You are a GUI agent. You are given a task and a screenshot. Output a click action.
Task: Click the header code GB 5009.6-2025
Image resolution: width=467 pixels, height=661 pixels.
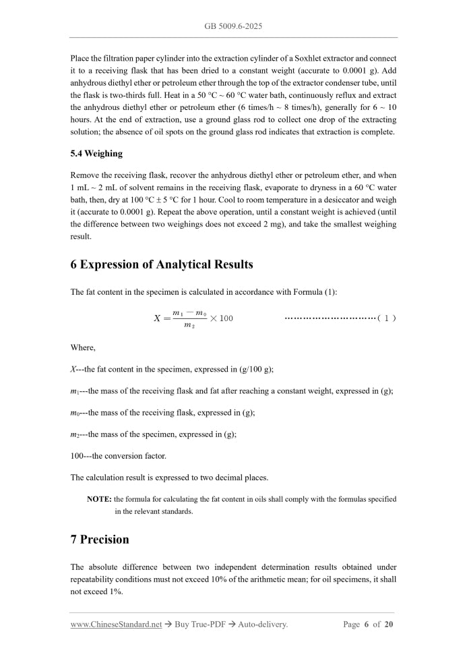tap(233, 26)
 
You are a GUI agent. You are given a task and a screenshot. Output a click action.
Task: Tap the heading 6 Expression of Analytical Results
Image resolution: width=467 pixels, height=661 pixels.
tap(162, 264)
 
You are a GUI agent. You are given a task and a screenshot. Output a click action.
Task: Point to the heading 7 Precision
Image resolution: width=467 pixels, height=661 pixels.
tap(100, 540)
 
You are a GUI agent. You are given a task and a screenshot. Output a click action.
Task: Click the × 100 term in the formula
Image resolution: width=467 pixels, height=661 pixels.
tap(221, 318)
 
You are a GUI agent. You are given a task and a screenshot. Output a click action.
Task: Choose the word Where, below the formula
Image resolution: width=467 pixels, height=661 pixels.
tap(83, 347)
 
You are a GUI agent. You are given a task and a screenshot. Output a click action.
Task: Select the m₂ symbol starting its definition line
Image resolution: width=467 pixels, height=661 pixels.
tap(75, 434)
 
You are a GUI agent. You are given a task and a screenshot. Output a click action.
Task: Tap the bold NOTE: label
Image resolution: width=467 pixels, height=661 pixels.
tap(99, 499)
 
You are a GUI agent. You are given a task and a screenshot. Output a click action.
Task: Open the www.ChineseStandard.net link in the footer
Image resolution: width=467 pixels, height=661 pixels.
tap(116, 625)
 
